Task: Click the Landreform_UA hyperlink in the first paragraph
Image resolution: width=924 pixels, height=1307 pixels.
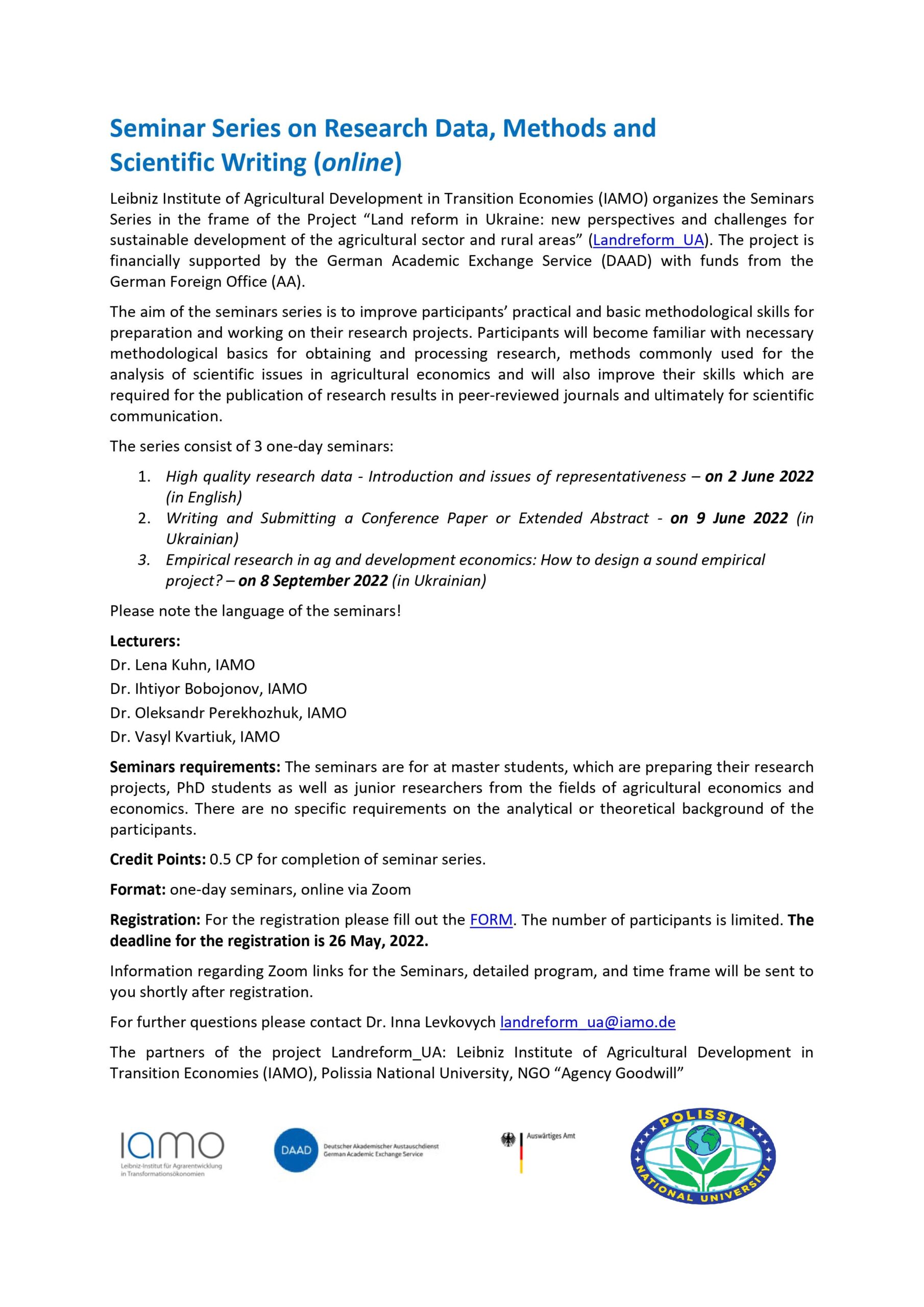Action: click(x=648, y=240)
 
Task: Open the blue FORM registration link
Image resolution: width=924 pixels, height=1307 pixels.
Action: click(x=491, y=920)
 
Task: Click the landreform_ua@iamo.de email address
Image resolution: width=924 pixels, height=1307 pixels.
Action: click(x=588, y=1023)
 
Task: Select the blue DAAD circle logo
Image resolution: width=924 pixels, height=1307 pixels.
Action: click(x=296, y=1150)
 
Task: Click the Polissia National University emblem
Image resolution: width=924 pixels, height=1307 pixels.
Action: click(x=702, y=1157)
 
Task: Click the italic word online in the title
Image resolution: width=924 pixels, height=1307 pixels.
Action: click(x=358, y=162)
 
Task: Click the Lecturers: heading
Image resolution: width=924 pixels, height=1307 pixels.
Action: click(x=145, y=641)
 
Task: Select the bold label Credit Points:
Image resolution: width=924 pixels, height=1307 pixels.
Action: click(x=158, y=860)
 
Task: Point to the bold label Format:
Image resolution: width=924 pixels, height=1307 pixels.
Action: click(x=138, y=890)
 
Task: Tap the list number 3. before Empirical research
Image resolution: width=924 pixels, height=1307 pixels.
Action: click(x=144, y=560)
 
